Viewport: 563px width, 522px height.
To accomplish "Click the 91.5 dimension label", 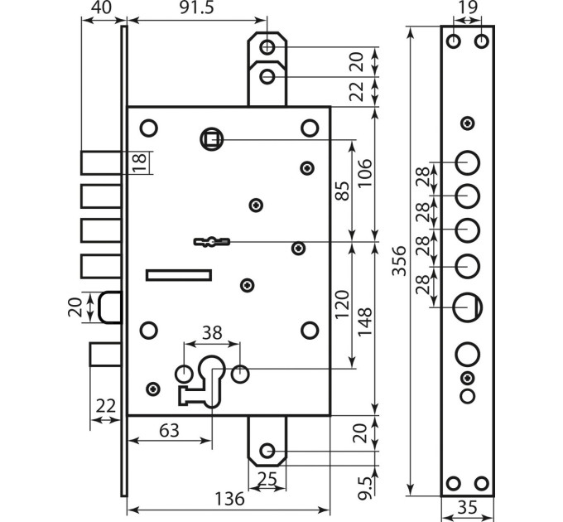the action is pos(196,8).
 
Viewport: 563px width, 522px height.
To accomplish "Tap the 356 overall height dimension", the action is pos(399,261).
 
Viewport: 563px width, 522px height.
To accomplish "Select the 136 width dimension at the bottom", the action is pos(229,499).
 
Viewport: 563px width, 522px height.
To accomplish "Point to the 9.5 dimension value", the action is pos(364,489).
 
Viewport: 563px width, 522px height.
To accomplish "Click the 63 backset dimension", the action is pos(169,430).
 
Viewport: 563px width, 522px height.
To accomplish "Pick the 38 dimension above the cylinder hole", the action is pos(212,333).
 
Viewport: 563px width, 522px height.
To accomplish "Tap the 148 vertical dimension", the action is pos(365,321).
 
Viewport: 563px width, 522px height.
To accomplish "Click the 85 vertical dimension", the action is pos(342,191).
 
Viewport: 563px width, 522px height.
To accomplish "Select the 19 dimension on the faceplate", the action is pos(468,7).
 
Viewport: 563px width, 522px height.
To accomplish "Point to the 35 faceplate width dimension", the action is pos(468,508).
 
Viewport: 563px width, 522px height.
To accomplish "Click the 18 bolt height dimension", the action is pos(140,162).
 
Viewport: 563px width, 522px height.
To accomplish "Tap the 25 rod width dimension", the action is pos(267,479).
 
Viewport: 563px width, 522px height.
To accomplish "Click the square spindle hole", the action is pos(211,139).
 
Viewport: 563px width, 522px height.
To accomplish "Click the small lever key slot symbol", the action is pos(212,241).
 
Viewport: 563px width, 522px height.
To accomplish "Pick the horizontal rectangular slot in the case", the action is pos(179,275).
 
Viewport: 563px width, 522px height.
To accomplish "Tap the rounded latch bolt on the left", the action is pos(111,307).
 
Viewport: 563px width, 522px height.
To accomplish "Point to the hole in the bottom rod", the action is pos(267,451).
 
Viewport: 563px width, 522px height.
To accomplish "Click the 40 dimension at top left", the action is pos(102,7).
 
